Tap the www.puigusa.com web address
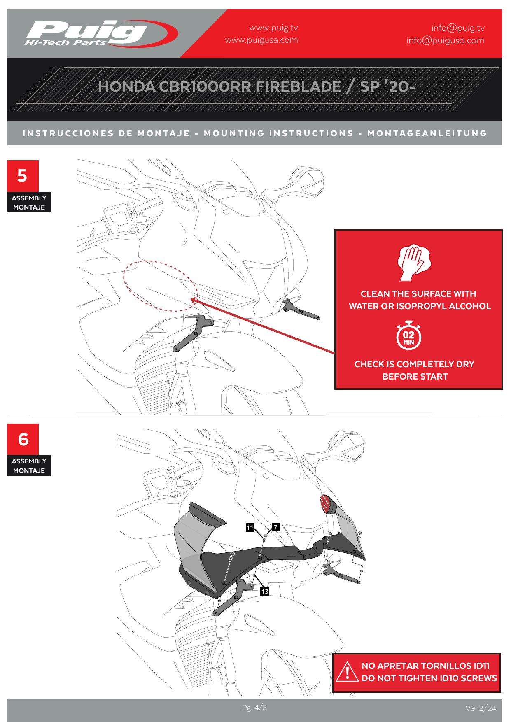point(261,40)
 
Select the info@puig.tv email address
point(458,28)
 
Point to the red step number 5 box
point(23,176)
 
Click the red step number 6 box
point(23,439)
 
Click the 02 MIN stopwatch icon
point(409,335)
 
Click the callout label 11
point(250,528)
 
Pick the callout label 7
point(276,527)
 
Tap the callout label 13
point(264,592)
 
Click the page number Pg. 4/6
point(254,708)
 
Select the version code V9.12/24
point(481,708)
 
